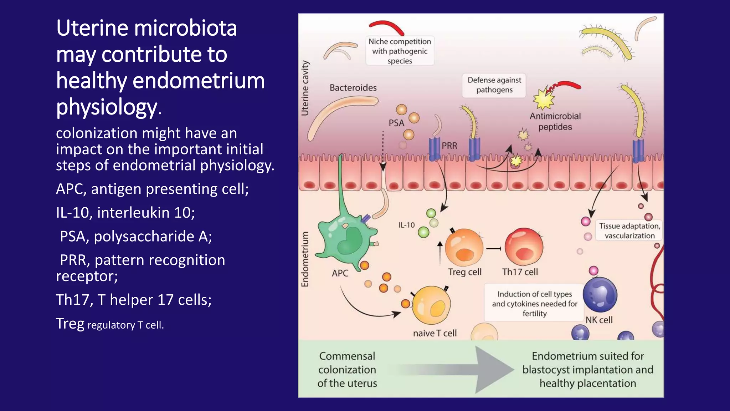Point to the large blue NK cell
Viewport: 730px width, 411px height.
(600, 295)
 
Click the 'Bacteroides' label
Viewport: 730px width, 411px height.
(353, 88)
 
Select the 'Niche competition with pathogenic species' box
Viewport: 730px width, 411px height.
(400, 51)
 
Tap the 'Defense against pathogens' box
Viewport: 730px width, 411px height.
(494, 85)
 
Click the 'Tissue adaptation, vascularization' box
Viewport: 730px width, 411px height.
(629, 231)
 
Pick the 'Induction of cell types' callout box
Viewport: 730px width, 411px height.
(534, 304)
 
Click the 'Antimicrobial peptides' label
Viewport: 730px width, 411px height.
(555, 121)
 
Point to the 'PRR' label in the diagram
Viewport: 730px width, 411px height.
(449, 146)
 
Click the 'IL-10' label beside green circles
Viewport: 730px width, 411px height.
(406, 225)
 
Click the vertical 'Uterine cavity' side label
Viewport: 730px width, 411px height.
(305, 88)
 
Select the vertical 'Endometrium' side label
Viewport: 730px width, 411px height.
(305, 259)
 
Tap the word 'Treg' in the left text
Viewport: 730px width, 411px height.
(70, 324)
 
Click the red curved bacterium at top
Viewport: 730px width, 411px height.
(386, 27)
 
